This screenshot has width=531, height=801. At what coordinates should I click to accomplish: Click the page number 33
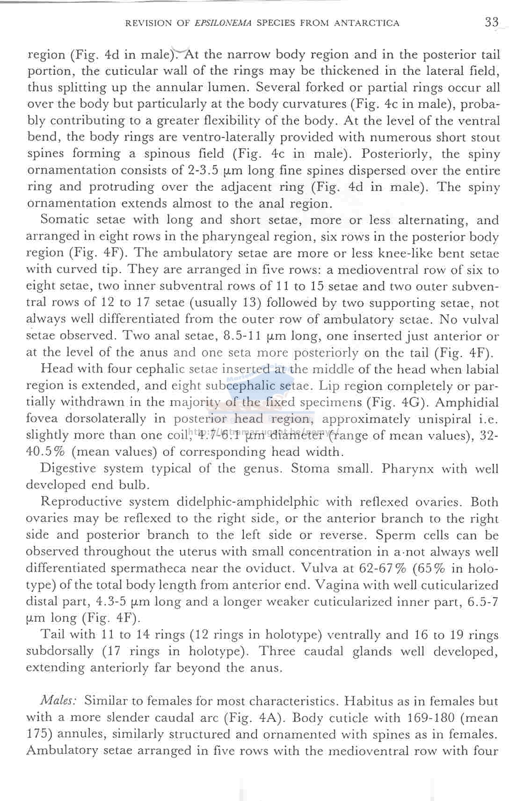(492, 22)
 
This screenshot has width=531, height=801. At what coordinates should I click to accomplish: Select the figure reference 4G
(418, 403)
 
